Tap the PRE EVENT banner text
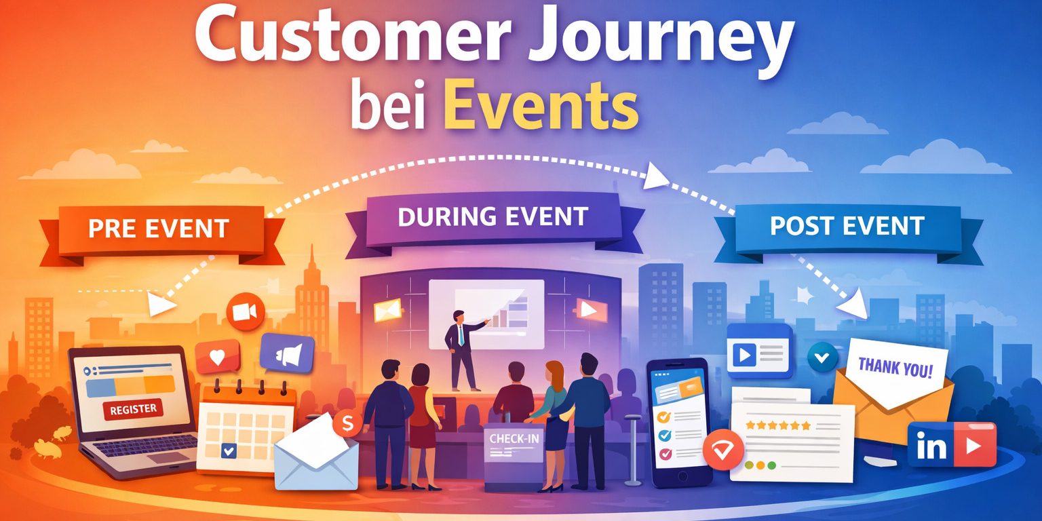(x=159, y=228)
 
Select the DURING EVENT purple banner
(x=493, y=216)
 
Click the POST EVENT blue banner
(x=847, y=226)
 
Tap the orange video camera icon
(x=245, y=312)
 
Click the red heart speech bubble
(x=217, y=358)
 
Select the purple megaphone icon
(x=287, y=353)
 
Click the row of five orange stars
(x=777, y=425)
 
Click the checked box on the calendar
(x=229, y=450)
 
